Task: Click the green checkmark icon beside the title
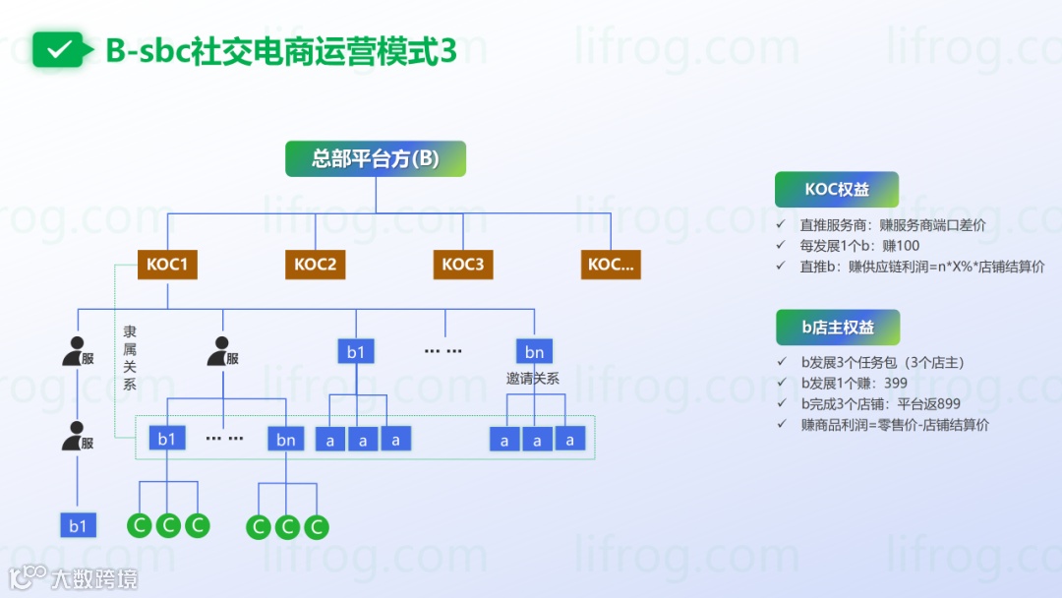[60, 49]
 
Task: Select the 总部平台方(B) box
[376, 158]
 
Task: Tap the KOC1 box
[166, 264]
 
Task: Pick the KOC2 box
[315, 264]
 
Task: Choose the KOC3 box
[462, 264]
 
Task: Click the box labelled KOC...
[611, 264]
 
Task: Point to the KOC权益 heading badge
[836, 190]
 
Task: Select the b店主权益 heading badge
[837, 328]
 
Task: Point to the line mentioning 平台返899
[880, 403]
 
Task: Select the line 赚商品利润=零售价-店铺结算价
[895, 425]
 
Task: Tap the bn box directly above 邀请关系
[534, 351]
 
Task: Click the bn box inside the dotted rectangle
[285, 439]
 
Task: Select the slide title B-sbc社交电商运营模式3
[281, 50]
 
